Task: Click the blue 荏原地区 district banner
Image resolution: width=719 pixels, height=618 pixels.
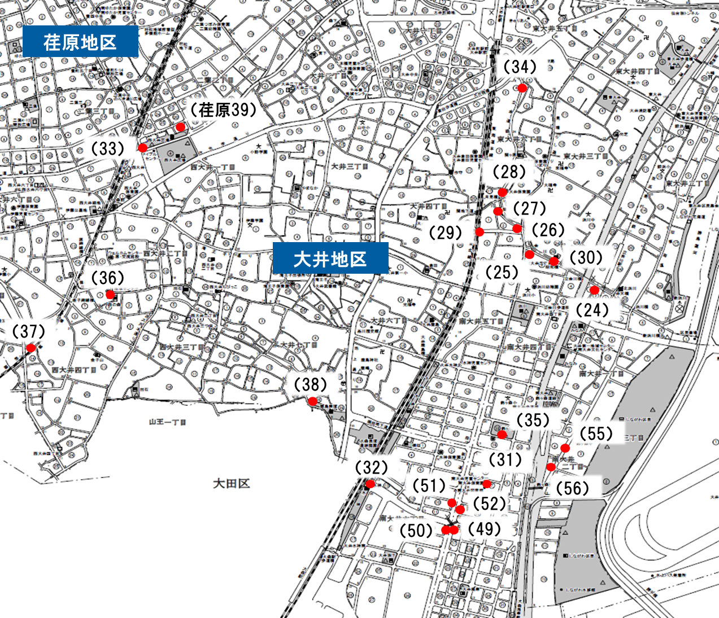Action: point(80,42)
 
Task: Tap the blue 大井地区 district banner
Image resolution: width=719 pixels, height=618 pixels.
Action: point(330,259)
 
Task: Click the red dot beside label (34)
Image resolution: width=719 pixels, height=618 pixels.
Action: point(522,88)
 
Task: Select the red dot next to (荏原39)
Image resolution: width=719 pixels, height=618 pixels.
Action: point(180,127)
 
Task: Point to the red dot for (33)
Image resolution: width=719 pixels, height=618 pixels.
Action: point(143,148)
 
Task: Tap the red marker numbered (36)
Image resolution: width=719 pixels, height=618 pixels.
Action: point(110,294)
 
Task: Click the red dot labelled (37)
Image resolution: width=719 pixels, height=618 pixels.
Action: point(31,348)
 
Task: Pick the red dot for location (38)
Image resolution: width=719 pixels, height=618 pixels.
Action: point(312,401)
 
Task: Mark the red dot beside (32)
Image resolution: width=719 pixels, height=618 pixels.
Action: point(370,484)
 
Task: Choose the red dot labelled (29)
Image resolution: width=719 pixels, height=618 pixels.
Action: point(480,232)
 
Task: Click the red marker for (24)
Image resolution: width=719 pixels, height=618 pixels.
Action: point(594,290)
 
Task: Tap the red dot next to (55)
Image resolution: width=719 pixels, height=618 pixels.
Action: point(565,448)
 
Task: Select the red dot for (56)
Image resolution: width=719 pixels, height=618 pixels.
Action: point(551,467)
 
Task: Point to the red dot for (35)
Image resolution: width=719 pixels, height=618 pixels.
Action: point(502,435)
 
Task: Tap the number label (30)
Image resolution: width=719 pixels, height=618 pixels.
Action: point(586,257)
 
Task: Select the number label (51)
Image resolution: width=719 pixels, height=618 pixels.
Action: point(429,485)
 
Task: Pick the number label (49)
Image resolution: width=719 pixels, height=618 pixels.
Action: point(485,529)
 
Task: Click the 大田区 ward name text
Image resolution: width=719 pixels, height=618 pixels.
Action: point(232,484)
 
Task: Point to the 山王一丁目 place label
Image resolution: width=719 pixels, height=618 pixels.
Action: point(168,422)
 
